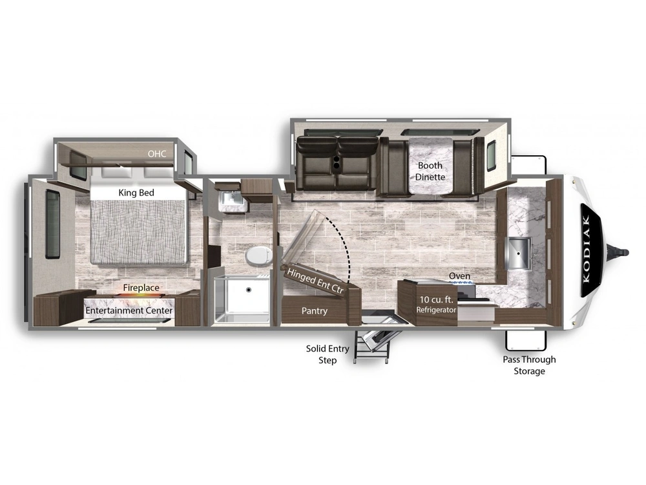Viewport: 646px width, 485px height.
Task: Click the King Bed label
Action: coord(136,193)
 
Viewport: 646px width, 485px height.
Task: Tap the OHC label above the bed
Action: coord(157,154)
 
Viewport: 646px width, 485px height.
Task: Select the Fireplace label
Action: coord(141,288)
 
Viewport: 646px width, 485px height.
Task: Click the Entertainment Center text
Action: coord(129,310)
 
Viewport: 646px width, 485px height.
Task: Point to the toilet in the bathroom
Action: coord(258,255)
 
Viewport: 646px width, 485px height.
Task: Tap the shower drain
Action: coord(249,290)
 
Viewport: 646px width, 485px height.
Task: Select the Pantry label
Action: coord(315,311)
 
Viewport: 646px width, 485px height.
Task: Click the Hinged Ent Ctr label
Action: coord(315,281)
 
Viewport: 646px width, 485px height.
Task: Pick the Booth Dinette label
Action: coord(430,171)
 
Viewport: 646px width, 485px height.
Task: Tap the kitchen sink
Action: coord(518,253)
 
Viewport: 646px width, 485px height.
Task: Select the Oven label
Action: coord(459,275)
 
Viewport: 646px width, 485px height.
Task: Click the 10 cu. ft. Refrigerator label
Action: coord(436,305)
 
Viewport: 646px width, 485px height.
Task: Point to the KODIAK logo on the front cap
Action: coord(587,250)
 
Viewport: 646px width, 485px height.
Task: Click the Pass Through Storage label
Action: coord(529,365)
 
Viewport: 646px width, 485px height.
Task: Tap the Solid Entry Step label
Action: coord(328,354)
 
